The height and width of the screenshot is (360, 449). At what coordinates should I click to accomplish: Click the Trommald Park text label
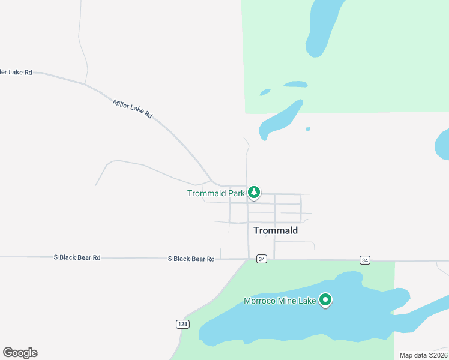tap(215, 193)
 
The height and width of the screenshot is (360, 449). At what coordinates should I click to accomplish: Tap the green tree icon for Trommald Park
tap(255, 192)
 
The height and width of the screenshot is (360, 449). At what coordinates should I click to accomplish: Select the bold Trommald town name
tap(276, 230)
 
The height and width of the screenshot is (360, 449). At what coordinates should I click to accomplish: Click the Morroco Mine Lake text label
tap(280, 301)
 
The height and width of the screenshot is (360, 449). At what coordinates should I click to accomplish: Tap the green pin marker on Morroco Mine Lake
tap(325, 299)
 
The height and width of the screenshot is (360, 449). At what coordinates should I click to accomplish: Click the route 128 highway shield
tap(182, 324)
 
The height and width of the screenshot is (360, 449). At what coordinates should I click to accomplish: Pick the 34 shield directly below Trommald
tap(261, 259)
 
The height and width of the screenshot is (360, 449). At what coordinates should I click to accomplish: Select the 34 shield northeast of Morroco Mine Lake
tap(365, 260)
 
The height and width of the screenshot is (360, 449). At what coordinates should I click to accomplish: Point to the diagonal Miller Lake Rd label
tap(133, 108)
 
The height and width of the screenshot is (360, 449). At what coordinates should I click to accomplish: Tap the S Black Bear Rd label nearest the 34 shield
tap(191, 259)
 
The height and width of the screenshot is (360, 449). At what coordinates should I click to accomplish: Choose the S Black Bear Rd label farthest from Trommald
tap(77, 257)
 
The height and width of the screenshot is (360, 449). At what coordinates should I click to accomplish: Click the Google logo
tap(20, 353)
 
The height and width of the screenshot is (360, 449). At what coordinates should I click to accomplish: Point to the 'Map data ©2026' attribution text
tap(423, 355)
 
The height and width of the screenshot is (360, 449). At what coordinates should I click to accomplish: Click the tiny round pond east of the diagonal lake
tap(308, 128)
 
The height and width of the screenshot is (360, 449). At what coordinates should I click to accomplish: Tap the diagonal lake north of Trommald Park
tap(280, 120)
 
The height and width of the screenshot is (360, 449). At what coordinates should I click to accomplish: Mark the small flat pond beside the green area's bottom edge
tap(295, 84)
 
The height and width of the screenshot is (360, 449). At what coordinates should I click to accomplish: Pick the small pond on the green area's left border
tap(265, 92)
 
